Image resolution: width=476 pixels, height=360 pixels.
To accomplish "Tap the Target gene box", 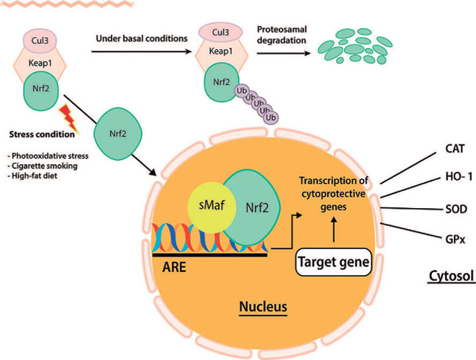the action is pyautogui.click(x=333, y=262).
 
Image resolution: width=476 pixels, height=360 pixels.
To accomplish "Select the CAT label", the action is pyautogui.click(x=454, y=149).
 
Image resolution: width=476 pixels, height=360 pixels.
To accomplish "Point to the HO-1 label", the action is pyautogui.click(x=459, y=176).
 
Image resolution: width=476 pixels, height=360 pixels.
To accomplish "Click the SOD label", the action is pyautogui.click(x=456, y=209).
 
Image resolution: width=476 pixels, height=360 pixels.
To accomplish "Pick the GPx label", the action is pyautogui.click(x=455, y=240).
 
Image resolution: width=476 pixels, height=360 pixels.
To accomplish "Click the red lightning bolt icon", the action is pyautogui.click(x=70, y=119).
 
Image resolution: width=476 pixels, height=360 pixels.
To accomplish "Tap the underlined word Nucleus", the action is pyautogui.click(x=263, y=307).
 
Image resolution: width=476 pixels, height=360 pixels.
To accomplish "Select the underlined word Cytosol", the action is pyautogui.click(x=452, y=276).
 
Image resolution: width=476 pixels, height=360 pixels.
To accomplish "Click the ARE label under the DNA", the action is pyautogui.click(x=174, y=267).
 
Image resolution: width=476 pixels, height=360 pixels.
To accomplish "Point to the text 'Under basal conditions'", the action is pyautogui.click(x=142, y=39).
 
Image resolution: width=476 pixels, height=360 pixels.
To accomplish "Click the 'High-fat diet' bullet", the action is pyautogui.click(x=32, y=176).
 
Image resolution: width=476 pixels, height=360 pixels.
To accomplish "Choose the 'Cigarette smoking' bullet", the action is pyautogui.click(x=42, y=166).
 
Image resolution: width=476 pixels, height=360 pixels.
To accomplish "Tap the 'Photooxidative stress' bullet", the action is pyautogui.click(x=48, y=156).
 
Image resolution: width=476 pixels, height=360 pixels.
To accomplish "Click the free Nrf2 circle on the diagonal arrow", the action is pyautogui.click(x=118, y=133).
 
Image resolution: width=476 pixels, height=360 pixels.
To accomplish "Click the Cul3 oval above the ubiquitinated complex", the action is pyautogui.click(x=220, y=32).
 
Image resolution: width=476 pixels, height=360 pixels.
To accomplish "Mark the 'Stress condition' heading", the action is pyautogui.click(x=42, y=134).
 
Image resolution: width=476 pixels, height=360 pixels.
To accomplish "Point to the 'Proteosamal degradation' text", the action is pyautogui.click(x=282, y=35).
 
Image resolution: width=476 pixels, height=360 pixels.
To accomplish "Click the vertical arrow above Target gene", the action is pyautogui.click(x=333, y=230).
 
